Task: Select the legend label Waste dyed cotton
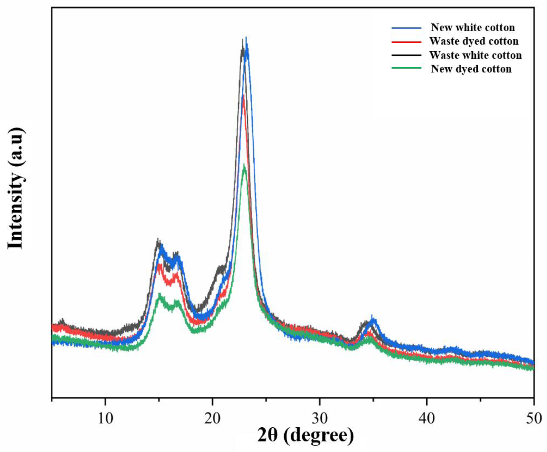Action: pos(474,41)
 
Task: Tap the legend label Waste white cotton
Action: pos(475,55)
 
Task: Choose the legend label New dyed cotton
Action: pos(471,69)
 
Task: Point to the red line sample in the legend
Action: pos(406,41)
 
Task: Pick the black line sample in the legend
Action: pos(406,55)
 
